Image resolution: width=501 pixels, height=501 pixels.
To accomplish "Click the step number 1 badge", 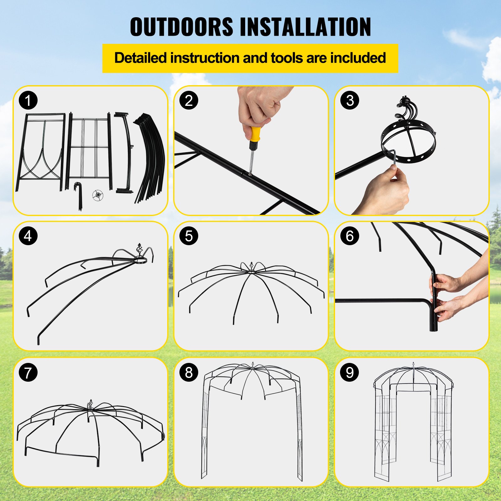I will click(x=28, y=101).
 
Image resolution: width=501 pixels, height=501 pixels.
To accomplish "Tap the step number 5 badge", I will click(x=189, y=236).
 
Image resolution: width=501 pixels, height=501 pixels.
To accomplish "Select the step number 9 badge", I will click(x=350, y=373).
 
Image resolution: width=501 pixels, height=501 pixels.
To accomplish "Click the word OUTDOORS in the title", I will click(x=182, y=27).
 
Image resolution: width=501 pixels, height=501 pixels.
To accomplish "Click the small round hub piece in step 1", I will click(x=98, y=195).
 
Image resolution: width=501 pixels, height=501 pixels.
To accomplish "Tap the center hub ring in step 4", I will click(x=140, y=260).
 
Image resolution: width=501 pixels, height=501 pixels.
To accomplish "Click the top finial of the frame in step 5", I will click(x=251, y=267).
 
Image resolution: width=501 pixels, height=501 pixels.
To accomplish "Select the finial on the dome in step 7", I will click(x=91, y=404).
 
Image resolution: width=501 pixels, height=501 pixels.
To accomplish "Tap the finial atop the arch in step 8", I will click(x=252, y=365).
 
